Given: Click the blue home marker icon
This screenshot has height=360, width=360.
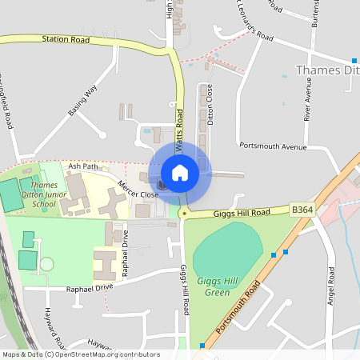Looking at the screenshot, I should (x=180, y=172).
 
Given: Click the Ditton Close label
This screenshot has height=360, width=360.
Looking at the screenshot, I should (x=210, y=103).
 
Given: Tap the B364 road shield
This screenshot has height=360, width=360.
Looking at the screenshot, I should (x=302, y=210).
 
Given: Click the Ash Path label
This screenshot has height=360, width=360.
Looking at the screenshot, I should (x=82, y=166).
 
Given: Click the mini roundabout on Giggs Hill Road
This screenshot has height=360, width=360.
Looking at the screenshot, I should (x=183, y=214).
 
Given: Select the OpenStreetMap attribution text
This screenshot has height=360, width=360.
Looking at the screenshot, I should (x=81, y=354).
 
